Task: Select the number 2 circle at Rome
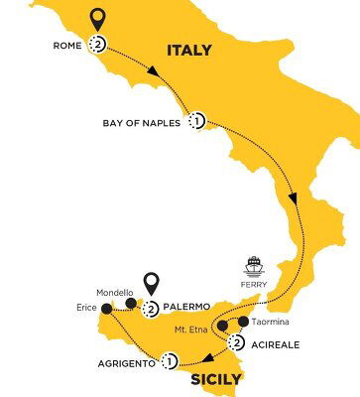pyautogui.click(x=98, y=44)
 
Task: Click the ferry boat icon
pyautogui.click(x=253, y=265)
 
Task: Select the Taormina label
pyautogui.click(x=274, y=323)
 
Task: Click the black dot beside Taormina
pyautogui.click(x=244, y=322)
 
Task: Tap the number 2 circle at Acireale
pyautogui.click(x=236, y=344)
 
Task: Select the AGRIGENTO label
pyautogui.click(x=125, y=363)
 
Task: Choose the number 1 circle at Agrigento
pyautogui.click(x=171, y=361)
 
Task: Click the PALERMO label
pyautogui.click(x=187, y=308)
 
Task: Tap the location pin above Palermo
pyautogui.click(x=152, y=284)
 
